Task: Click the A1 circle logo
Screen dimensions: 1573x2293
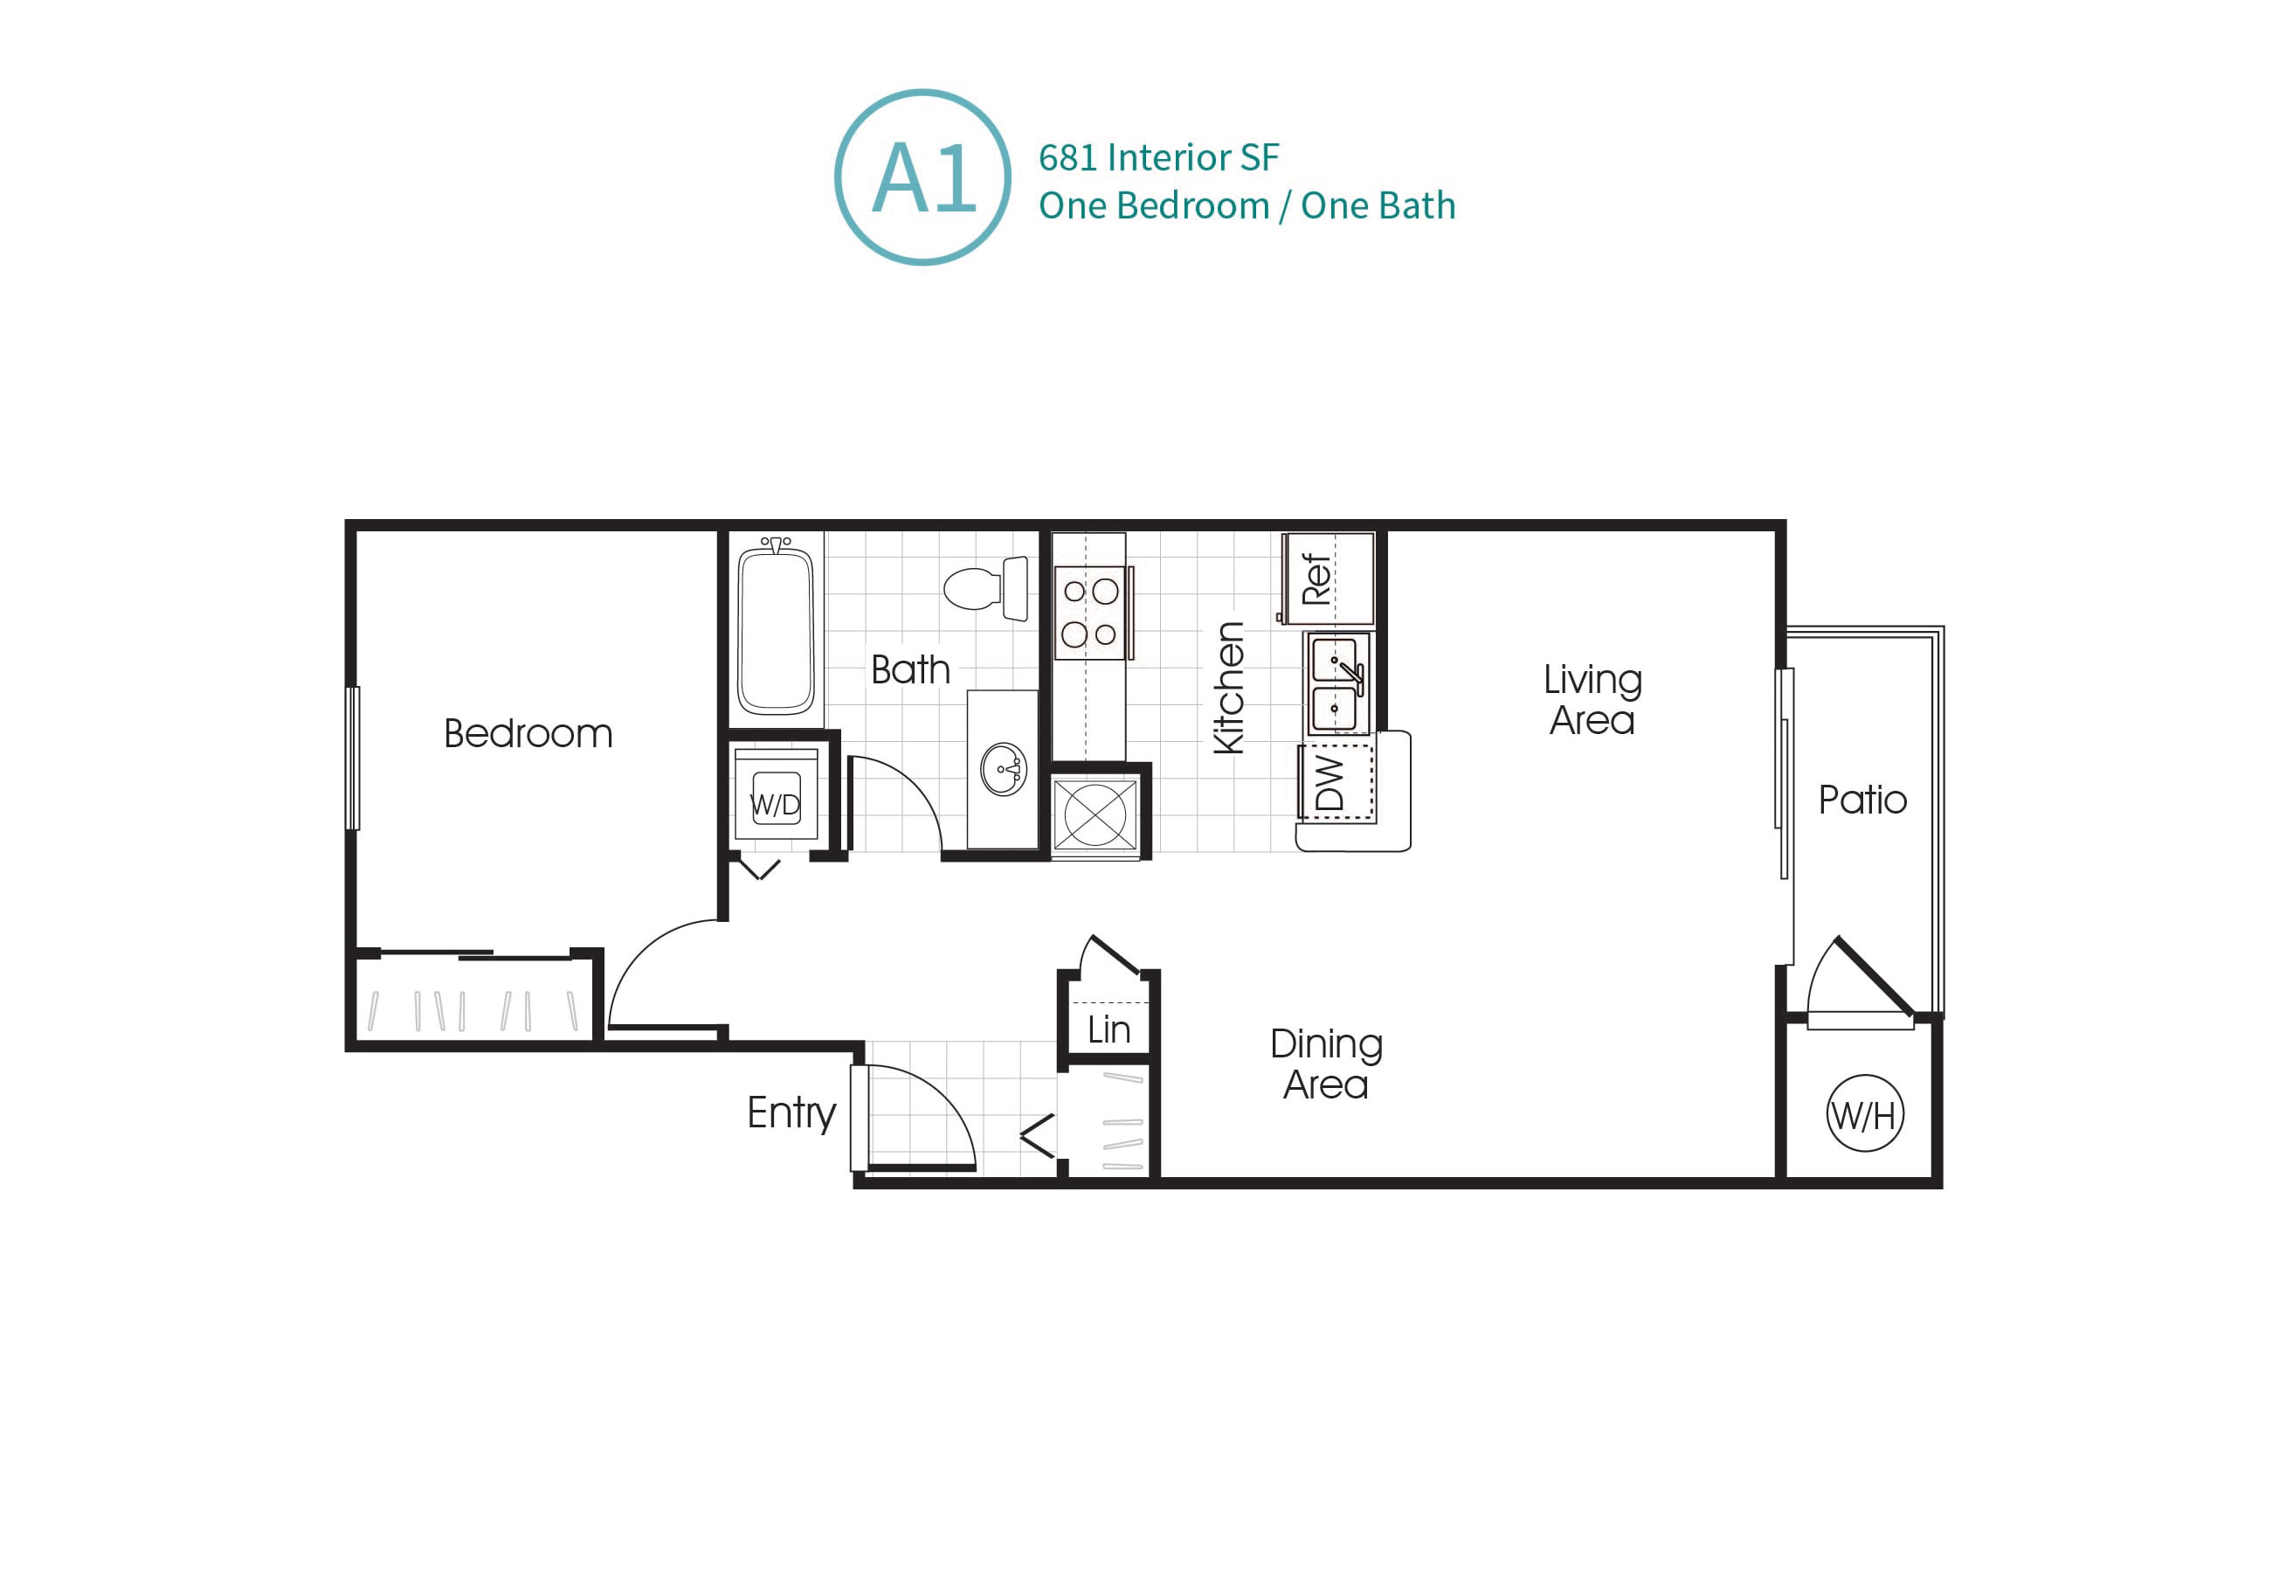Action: click(x=922, y=177)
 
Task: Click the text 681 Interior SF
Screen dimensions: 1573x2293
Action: click(x=1157, y=158)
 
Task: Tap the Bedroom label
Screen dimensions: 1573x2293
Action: click(x=528, y=734)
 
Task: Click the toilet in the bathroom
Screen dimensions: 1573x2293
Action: click(x=984, y=589)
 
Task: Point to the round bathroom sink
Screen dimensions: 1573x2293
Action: click(x=1004, y=769)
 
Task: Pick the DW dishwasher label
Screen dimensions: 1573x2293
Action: click(x=1330, y=782)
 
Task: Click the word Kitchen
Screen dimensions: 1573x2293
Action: click(x=1228, y=689)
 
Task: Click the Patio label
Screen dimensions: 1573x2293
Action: click(x=1861, y=800)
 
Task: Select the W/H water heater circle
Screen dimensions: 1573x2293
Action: click(x=1864, y=1114)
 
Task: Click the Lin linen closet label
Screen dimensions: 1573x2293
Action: click(x=1108, y=1030)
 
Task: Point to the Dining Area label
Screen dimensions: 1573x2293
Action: click(x=1325, y=1064)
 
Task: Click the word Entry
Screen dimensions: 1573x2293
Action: click(x=791, y=1113)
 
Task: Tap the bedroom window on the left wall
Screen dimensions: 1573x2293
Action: click(x=352, y=758)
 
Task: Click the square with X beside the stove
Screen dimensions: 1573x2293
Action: click(x=1095, y=815)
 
